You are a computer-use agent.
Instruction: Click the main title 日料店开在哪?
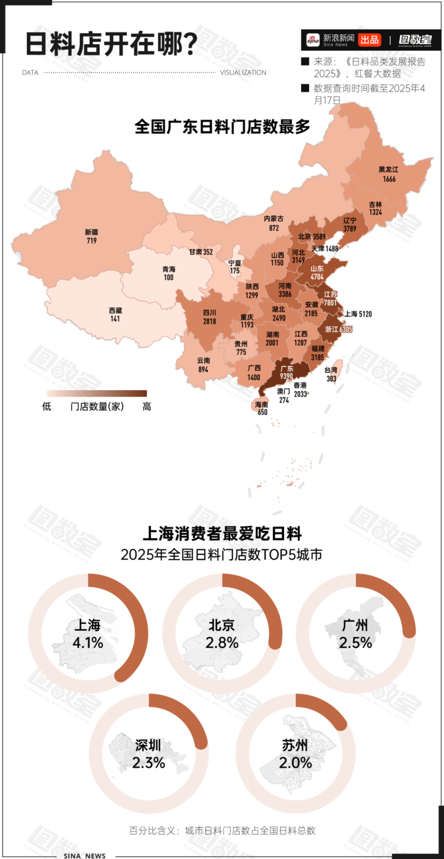(x=111, y=44)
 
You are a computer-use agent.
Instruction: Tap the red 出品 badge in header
(x=369, y=40)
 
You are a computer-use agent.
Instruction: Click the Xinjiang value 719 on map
(x=91, y=240)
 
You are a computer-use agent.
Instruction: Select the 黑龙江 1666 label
(x=388, y=174)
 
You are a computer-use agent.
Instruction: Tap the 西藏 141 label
(x=115, y=314)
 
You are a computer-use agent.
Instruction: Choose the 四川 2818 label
(x=210, y=317)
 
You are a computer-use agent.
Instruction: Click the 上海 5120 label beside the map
(x=358, y=314)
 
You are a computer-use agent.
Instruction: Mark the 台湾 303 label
(x=331, y=374)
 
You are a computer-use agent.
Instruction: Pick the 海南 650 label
(x=262, y=408)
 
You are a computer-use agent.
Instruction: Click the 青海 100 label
(x=169, y=273)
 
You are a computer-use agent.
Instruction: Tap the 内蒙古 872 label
(x=274, y=223)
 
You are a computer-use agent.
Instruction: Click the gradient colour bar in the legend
(x=97, y=393)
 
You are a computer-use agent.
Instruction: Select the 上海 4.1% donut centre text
(x=88, y=634)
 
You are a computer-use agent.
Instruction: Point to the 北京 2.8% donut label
(x=222, y=634)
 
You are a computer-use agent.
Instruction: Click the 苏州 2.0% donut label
(x=295, y=754)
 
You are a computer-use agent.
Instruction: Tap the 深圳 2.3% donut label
(x=149, y=754)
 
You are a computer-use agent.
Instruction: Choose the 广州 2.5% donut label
(x=356, y=634)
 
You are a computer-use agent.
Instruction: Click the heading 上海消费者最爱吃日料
(x=222, y=533)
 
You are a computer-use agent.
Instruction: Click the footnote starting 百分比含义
(x=222, y=830)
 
